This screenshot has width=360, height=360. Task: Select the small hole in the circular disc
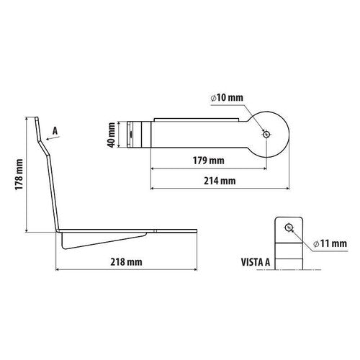tap(267, 135)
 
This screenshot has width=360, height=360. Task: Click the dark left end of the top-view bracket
tap(131, 135)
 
